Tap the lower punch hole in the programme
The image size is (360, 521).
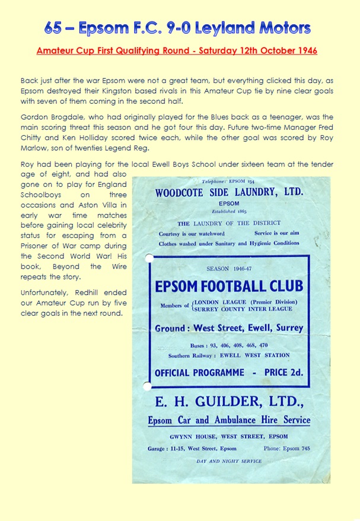147,386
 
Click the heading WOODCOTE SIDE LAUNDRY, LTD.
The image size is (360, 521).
229,193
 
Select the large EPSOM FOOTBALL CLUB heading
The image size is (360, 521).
229,287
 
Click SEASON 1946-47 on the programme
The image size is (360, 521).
229,269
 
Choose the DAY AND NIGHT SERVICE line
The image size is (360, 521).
229,460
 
